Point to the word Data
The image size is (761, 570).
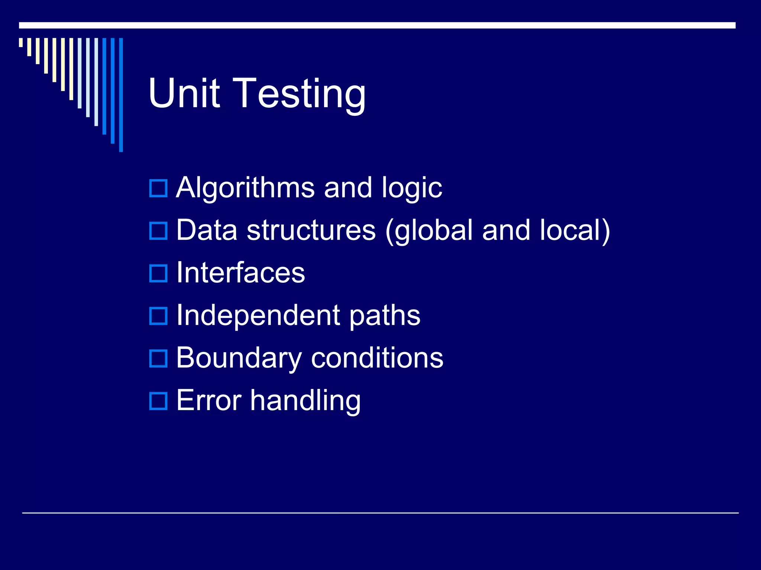coord(207,230)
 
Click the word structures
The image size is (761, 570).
coord(311,230)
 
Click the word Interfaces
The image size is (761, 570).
coord(240,273)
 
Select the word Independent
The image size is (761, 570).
coord(258,315)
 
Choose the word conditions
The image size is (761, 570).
coord(377,358)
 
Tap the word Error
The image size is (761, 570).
coord(209,401)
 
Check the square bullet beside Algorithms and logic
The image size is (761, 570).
coord(158,188)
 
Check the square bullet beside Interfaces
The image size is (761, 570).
coord(158,273)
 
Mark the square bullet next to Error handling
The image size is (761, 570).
coord(158,401)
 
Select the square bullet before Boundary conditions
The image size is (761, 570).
coord(158,358)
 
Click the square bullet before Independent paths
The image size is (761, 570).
coord(158,316)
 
